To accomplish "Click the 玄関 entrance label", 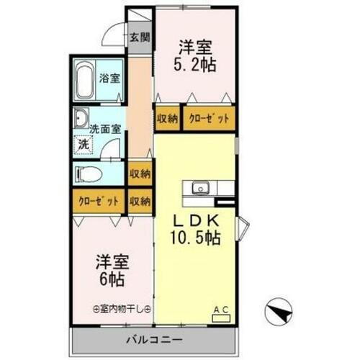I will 140,37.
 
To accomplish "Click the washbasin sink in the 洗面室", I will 81,119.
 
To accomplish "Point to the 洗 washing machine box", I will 84,143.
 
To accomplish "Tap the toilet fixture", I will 86,173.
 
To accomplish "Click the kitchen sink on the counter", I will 199,189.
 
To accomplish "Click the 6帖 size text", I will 108,270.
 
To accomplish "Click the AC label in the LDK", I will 220,310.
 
